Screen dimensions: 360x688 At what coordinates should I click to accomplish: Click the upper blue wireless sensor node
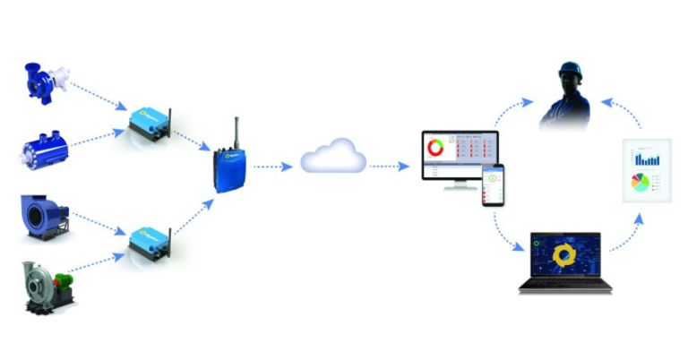point(148,123)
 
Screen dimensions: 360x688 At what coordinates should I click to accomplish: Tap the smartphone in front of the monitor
point(493,184)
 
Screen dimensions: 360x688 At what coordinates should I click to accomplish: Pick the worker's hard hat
point(570,72)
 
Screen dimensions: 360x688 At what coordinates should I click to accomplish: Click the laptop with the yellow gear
point(565,261)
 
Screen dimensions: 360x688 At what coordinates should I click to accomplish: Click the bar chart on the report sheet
point(646,159)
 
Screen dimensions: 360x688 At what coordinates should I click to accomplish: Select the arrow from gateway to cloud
point(272,167)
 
